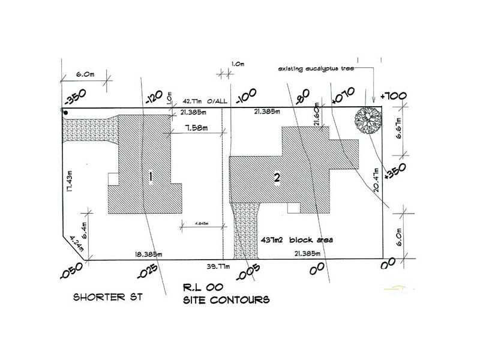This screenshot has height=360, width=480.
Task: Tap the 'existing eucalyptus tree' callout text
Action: pos(315,70)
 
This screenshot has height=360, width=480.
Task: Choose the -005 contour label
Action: pos(250,271)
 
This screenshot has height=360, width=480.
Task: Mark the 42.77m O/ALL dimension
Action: pos(202,103)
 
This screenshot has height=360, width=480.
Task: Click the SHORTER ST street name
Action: pos(108,297)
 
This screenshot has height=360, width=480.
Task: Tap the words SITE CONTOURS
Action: pos(226,298)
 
